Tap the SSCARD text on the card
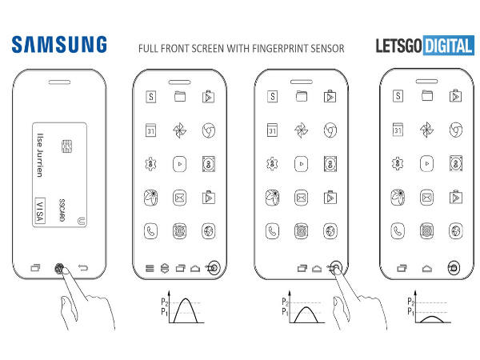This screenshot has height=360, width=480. tap(62, 210)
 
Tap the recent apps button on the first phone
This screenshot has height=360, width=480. tap(34, 268)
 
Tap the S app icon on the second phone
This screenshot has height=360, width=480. tap(150, 97)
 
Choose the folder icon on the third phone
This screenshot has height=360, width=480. tap(301, 97)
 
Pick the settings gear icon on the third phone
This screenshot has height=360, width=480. tap(272, 164)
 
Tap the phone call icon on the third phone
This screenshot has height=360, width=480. tap(272, 230)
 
